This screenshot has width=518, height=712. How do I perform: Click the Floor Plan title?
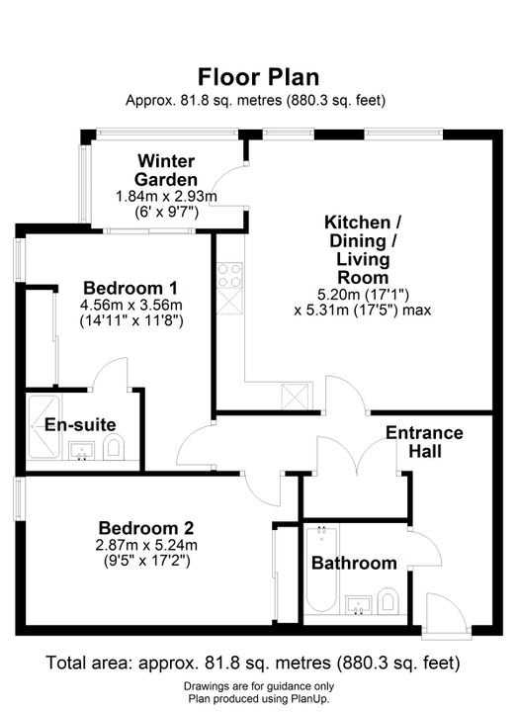pyautogui.click(x=258, y=77)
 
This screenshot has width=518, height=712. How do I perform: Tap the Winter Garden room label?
pyautogui.click(x=166, y=170)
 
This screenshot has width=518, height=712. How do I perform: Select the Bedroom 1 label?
pyautogui.click(x=130, y=288)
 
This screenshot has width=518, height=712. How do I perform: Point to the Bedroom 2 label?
pyautogui.click(x=146, y=528)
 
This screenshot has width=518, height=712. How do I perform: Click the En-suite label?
pyautogui.click(x=80, y=425)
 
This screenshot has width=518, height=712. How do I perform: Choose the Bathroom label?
pyautogui.click(x=354, y=563)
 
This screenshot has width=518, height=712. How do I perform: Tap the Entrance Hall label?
pyautogui.click(x=424, y=442)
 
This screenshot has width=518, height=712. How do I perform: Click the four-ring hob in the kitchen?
pyautogui.click(x=229, y=276)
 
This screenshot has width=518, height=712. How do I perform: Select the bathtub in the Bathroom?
pyautogui.click(x=321, y=570)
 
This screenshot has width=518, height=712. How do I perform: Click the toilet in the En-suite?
pyautogui.click(x=114, y=447)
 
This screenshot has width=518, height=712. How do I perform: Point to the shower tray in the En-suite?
pyautogui.click(x=43, y=427)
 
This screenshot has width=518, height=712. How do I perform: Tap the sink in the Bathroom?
pyautogui.click(x=358, y=604)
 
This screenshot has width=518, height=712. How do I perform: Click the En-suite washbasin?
pyautogui.click(x=82, y=451)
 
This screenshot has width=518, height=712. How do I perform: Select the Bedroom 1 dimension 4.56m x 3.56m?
pyautogui.click(x=131, y=305)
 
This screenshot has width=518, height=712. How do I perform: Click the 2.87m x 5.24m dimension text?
pyautogui.click(x=146, y=545)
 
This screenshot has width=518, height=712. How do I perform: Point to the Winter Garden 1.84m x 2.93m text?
pyautogui.click(x=166, y=197)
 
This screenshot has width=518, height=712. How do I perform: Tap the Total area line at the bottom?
pyautogui.click(x=253, y=663)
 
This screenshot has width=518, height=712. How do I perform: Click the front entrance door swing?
pyautogui.click(x=446, y=611)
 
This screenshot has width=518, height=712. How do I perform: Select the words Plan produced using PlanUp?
pyautogui.click(x=259, y=699)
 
